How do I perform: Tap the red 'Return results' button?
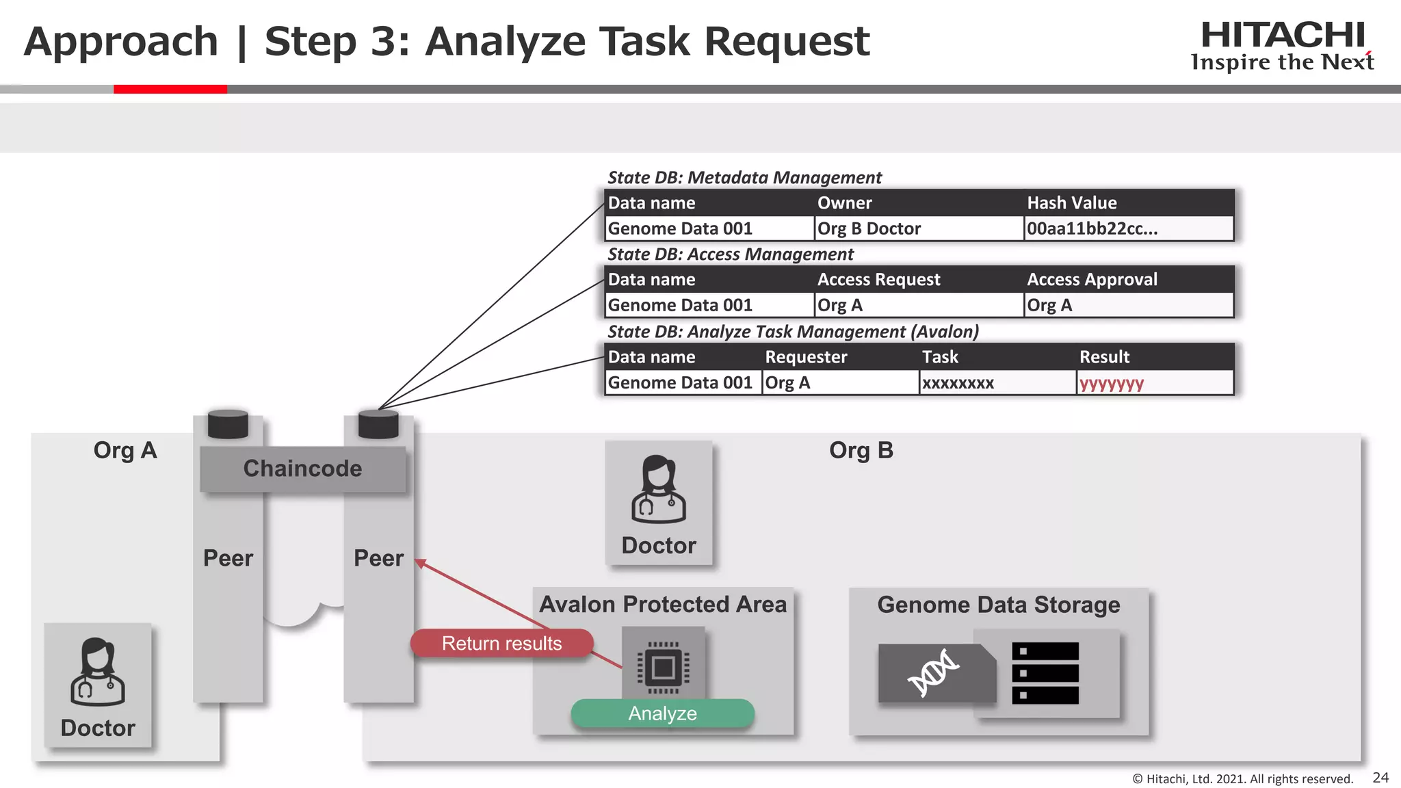point(501,643)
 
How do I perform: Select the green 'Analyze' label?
point(662,713)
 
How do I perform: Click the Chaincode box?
point(302,469)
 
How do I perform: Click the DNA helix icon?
point(933,673)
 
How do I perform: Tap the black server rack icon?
point(1045,673)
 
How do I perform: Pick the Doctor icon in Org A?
point(98,673)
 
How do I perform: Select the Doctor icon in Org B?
point(658,490)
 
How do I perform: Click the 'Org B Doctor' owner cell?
point(917,228)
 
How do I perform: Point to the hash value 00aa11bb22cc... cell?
point(1127,228)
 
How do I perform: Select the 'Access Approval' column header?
point(1092,279)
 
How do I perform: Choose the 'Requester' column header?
point(806,357)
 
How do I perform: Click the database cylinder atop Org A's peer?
point(228,423)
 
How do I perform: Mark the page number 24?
point(1380,777)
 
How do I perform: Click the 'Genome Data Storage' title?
point(998,605)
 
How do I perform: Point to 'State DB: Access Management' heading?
point(730,254)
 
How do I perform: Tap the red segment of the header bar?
point(170,89)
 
